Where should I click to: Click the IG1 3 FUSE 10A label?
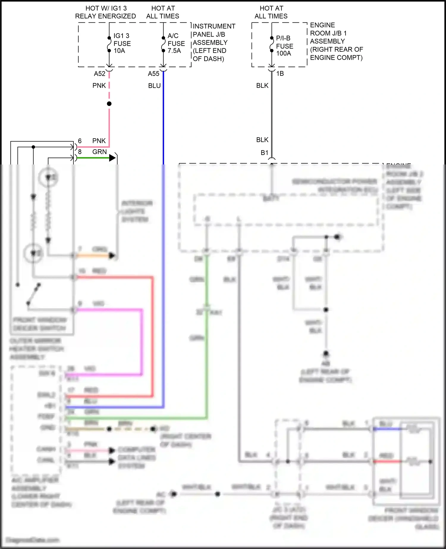click(122, 43)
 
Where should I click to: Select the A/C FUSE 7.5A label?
click(176, 43)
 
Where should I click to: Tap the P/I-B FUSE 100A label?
click(284, 46)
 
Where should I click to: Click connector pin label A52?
click(100, 74)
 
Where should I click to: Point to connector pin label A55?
click(154, 74)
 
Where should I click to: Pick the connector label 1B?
click(280, 73)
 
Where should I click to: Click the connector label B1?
click(264, 153)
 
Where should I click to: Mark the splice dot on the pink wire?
click(109, 104)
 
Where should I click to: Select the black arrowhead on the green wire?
click(112, 158)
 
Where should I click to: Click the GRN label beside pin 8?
click(99, 152)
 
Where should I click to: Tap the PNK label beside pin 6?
click(99, 141)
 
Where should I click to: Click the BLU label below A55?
click(154, 86)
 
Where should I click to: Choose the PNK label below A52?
click(99, 86)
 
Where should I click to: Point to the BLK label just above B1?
click(262, 140)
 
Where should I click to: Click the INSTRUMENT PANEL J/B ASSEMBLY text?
click(213, 42)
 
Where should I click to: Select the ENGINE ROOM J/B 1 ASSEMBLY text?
click(336, 41)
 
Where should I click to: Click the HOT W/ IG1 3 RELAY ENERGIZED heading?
click(106, 12)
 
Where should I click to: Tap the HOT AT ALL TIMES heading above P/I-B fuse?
click(271, 12)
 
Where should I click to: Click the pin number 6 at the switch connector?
click(80, 141)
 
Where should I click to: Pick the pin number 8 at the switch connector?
click(80, 152)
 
